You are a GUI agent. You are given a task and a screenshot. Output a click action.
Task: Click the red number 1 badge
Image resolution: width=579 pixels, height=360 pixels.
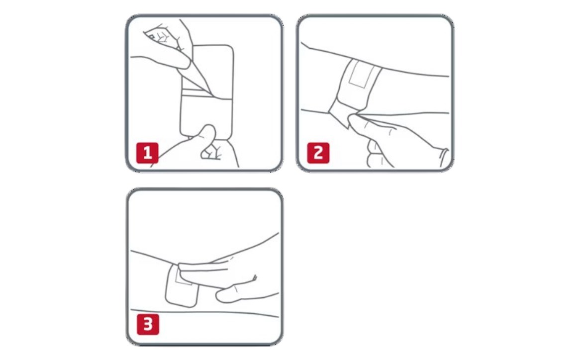(x=147, y=153)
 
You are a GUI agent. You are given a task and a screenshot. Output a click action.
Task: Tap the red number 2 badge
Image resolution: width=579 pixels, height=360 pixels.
(x=318, y=153)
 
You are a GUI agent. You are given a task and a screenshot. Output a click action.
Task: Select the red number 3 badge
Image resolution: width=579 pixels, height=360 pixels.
(x=148, y=325)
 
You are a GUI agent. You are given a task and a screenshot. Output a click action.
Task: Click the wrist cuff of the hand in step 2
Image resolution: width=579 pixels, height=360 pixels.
(x=443, y=157)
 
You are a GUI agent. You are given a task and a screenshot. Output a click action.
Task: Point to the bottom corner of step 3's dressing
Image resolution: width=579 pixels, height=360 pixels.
(x=192, y=306)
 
